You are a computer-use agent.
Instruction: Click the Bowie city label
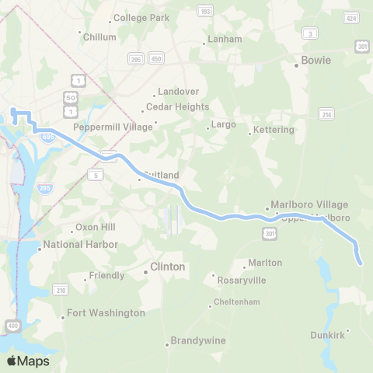click(315, 60)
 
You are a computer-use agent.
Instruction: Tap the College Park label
click(141, 18)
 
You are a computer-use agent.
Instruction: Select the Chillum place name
click(101, 37)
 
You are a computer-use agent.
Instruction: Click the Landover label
click(178, 91)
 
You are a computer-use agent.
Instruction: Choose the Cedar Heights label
click(180, 106)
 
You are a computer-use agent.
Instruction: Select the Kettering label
click(274, 130)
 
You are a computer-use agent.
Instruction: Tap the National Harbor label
click(80, 245)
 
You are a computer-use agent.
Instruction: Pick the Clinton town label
click(167, 267)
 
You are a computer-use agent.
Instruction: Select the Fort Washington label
click(106, 313)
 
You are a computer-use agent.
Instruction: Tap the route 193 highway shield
click(205, 11)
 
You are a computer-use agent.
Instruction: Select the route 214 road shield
click(325, 114)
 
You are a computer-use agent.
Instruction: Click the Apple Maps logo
click(29, 361)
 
